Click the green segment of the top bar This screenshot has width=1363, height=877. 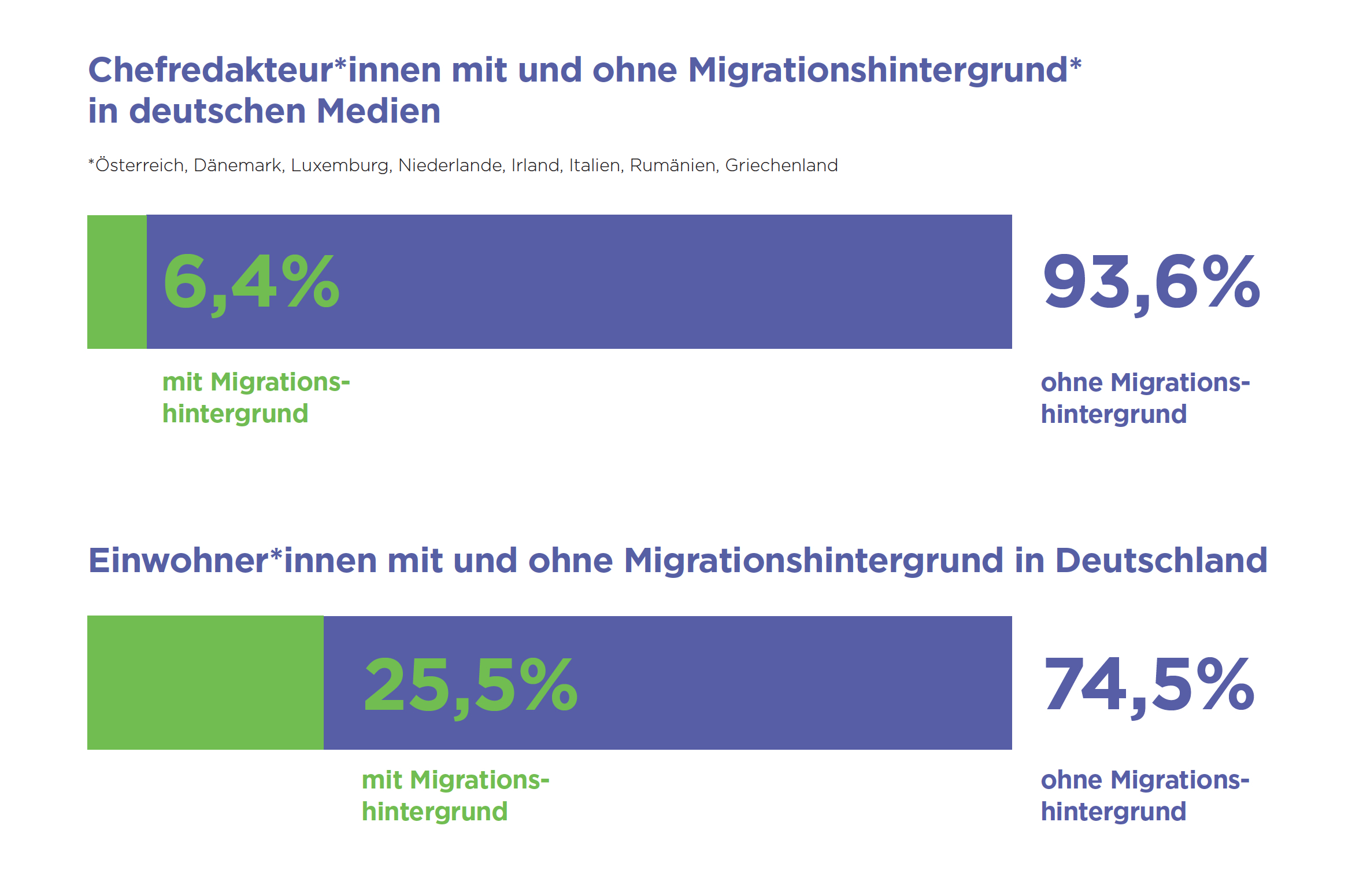[x=117, y=282]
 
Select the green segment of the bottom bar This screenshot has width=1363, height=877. [x=205, y=683]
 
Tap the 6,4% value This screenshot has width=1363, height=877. [x=251, y=283]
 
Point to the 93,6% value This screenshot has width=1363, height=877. [x=1151, y=283]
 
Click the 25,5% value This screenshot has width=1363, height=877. [x=471, y=686]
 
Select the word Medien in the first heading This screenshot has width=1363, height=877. [x=379, y=111]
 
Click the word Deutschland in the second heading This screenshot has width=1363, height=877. [x=1161, y=561]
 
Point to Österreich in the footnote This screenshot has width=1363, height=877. [x=139, y=165]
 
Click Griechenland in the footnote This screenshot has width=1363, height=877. [x=781, y=165]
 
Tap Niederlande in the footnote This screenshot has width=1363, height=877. [x=451, y=165]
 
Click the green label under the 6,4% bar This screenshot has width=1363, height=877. [x=255, y=398]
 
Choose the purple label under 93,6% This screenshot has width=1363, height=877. [x=1145, y=398]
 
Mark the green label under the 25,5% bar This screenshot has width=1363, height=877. [x=455, y=795]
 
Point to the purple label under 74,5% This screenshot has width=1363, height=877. [x=1145, y=795]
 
